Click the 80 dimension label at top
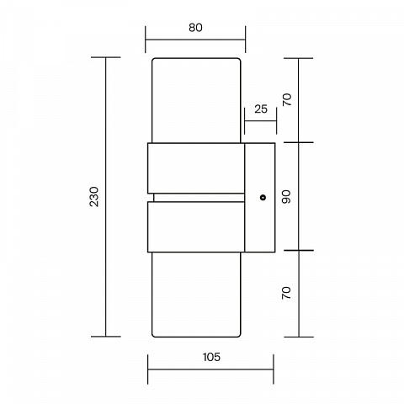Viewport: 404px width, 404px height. click(195, 28)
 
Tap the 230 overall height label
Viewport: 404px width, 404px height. click(94, 197)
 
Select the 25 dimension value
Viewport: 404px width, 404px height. click(261, 109)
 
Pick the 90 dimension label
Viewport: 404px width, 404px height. click(286, 197)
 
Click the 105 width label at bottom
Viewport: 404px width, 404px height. click(211, 357)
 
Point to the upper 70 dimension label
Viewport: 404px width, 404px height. click(287, 100)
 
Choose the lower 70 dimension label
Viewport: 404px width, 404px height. click(286, 293)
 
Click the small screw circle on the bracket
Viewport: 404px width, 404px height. click(263, 198)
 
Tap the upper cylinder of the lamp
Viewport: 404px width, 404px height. click(196, 100)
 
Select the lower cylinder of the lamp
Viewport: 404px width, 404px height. click(196, 295)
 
